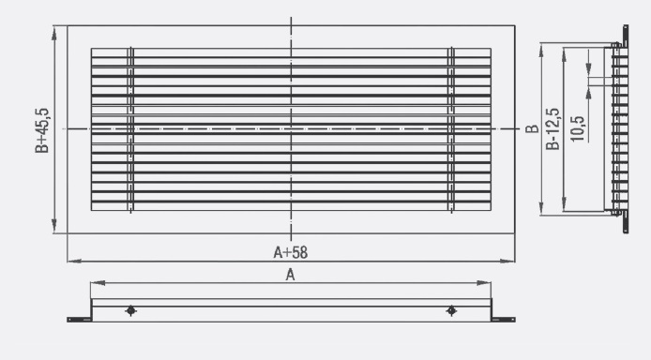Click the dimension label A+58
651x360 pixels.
click(x=290, y=252)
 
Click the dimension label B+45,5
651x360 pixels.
click(x=42, y=130)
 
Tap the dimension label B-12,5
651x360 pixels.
click(x=553, y=129)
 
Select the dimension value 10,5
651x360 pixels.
click(x=577, y=128)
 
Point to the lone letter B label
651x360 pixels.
click(x=532, y=129)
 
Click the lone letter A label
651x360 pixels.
click(x=290, y=275)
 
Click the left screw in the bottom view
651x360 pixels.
click(x=130, y=310)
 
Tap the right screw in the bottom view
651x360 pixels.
click(x=451, y=310)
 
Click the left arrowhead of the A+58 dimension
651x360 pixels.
click(x=74, y=262)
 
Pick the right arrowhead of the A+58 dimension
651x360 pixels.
click(x=507, y=262)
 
